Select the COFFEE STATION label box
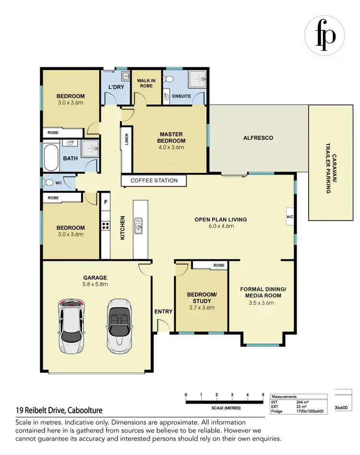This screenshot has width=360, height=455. pyautogui.click(x=154, y=181)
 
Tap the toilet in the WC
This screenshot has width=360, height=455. pyautogui.click(x=49, y=183)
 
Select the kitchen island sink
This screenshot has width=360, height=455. pyautogui.click(x=138, y=224)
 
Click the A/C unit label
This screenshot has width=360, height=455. pyautogui.click(x=290, y=217)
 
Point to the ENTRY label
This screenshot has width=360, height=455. pyautogui.click(x=163, y=312)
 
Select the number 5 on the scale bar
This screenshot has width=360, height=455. pyautogui.click(x=263, y=395)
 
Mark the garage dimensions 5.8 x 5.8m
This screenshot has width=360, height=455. pyautogui.click(x=95, y=284)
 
